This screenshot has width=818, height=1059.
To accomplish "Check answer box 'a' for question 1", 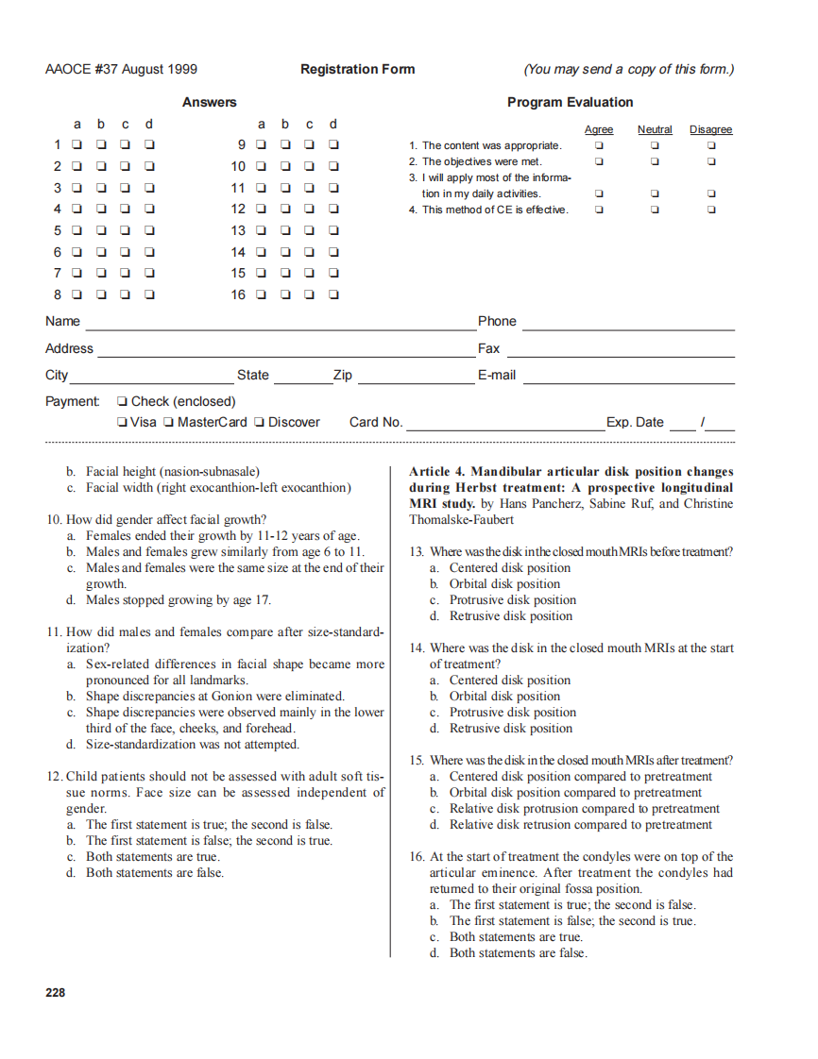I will [x=77, y=145].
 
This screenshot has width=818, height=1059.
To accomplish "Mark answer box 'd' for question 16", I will [x=333, y=294].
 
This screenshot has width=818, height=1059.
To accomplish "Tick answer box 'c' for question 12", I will [x=310, y=210].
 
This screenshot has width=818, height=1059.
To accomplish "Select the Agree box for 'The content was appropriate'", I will [x=598, y=146].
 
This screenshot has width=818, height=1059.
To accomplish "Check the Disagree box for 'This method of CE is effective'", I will [x=711, y=210].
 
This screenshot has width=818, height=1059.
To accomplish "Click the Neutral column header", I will [x=655, y=129].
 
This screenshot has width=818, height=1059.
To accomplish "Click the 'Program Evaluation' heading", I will [x=570, y=102].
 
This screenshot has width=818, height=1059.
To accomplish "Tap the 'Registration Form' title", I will [x=357, y=69].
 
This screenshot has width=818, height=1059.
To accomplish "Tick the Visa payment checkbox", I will [x=122, y=423].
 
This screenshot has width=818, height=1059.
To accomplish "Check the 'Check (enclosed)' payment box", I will [x=122, y=402].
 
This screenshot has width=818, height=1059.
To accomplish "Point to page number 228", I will [x=56, y=992].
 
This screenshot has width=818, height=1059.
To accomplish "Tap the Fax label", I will [x=488, y=348].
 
